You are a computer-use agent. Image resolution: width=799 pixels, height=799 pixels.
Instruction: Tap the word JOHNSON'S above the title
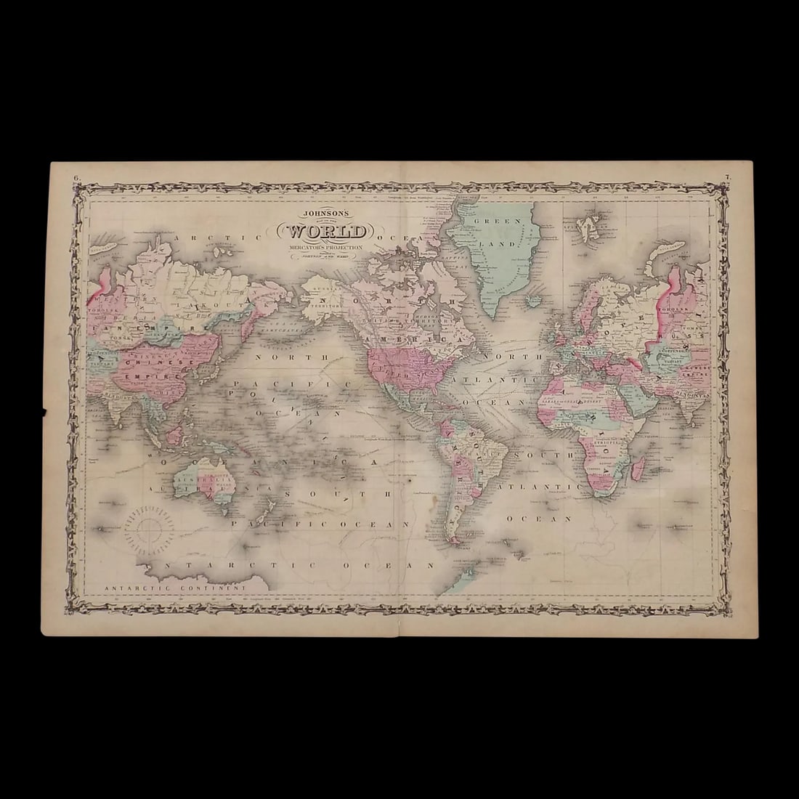click(x=326, y=214)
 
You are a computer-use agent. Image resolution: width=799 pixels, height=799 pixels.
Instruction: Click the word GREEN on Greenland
click(x=484, y=221)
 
